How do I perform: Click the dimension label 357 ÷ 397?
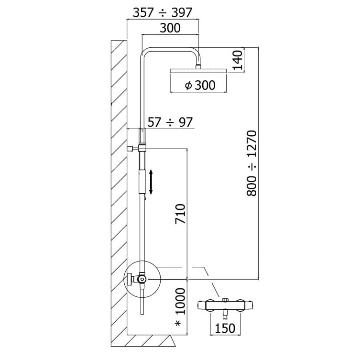coord(162,12)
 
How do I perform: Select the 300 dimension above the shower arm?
coord(170,28)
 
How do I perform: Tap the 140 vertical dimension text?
coord(238,60)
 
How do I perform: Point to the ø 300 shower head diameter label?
coord(200,86)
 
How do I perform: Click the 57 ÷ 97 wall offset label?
coord(170,122)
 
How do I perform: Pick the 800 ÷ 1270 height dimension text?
coord(252,163)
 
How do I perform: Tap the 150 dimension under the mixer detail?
coord(225,328)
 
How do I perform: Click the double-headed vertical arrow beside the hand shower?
coord(151,182)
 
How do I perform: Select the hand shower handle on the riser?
coord(142,172)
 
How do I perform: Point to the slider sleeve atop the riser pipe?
coord(142,136)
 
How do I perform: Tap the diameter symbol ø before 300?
coord(188,86)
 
